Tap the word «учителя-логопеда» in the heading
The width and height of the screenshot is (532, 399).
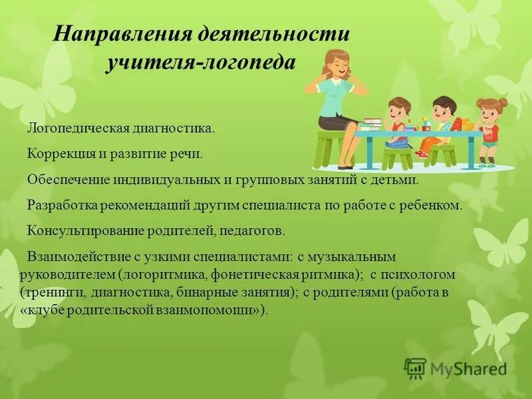pyautogui.click(x=199, y=62)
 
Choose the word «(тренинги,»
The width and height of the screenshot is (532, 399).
pyautogui.click(x=47, y=291)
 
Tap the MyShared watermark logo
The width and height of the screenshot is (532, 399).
pyautogui.click(x=455, y=368)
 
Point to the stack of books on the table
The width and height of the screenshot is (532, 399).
pyautogui.click(x=372, y=123)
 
